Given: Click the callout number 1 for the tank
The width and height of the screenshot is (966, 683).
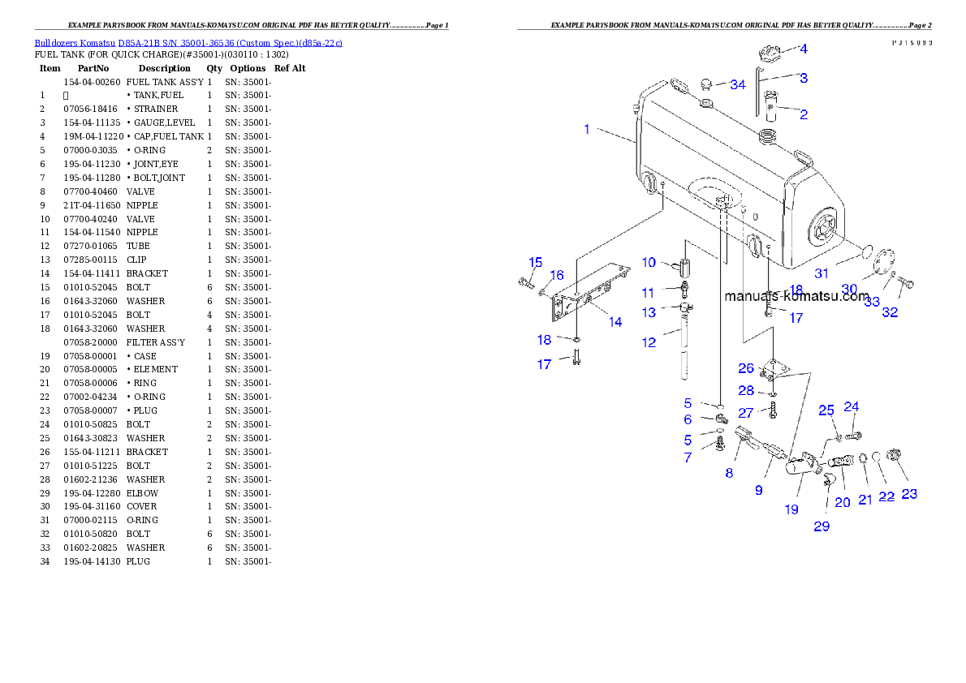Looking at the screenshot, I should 587,130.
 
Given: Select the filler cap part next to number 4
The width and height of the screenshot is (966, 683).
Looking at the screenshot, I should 768,54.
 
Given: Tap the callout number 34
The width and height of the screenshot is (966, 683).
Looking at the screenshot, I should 737,84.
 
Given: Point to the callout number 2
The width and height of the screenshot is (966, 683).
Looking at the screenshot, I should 803,114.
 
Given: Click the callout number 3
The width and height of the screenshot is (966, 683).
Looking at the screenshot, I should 803,78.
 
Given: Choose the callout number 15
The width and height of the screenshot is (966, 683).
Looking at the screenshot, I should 536,262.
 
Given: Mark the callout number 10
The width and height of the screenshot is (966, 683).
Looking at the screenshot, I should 649,262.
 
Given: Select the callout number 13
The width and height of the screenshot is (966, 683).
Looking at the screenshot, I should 649,312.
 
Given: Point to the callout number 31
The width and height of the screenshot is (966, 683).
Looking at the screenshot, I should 822,273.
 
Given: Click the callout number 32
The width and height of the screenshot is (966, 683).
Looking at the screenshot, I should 890,312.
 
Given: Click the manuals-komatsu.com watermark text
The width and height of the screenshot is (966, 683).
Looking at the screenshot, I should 796,296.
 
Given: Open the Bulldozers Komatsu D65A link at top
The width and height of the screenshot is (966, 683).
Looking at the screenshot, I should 188,42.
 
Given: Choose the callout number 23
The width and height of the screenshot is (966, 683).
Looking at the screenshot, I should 909,494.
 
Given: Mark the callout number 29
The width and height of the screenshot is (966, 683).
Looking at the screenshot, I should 822,526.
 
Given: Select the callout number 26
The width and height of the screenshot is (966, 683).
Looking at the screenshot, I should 746,368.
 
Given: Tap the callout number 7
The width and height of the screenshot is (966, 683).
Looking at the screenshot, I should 688,458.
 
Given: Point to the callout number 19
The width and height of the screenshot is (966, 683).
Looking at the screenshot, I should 791,509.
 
